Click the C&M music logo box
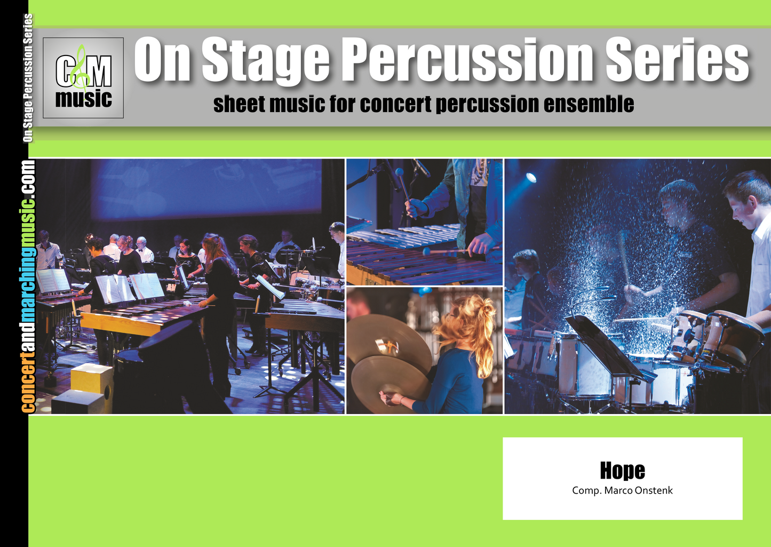click(83, 78)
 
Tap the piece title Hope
click(622, 471)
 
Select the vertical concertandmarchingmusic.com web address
click(28, 286)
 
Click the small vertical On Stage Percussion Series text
click(28, 78)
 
